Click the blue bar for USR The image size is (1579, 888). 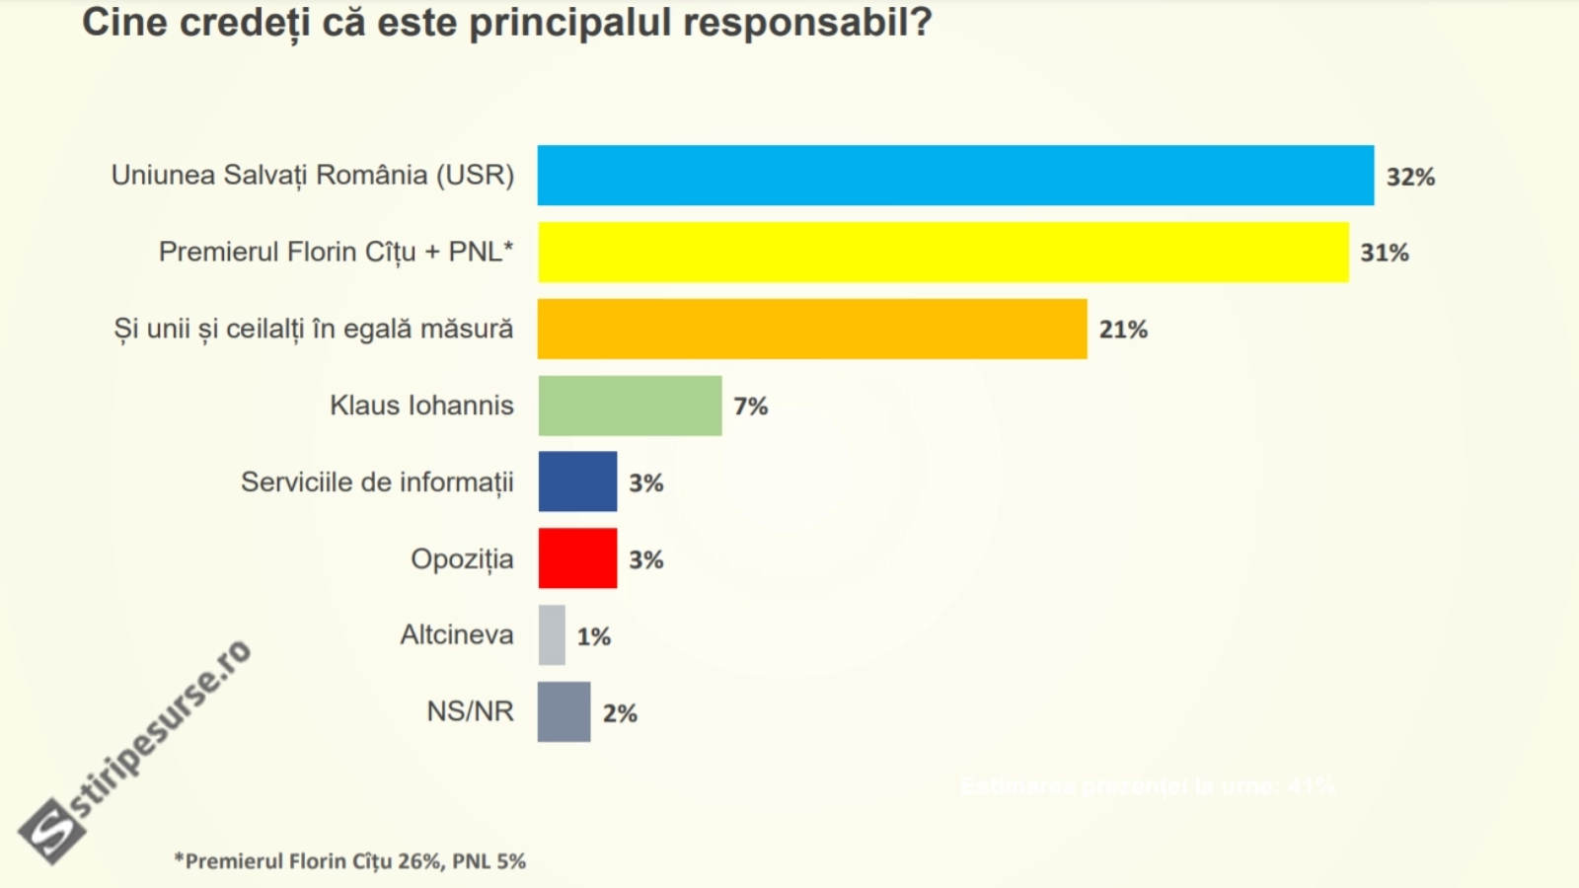click(955, 176)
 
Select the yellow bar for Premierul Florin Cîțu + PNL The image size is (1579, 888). click(942, 253)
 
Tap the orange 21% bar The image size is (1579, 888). click(812, 330)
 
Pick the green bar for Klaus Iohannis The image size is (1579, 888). click(630, 406)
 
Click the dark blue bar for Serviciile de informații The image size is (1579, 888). click(577, 481)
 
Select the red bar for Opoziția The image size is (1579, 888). click(577, 558)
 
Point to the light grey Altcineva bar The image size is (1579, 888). click(552, 635)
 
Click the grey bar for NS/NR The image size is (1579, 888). click(564, 712)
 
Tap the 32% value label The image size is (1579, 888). click(1410, 177)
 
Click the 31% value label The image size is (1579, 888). click(1385, 254)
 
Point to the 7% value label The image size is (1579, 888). click(750, 407)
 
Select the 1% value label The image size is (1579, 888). click(594, 636)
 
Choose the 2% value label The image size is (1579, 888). click(620, 713)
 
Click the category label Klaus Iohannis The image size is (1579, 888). click(421, 406)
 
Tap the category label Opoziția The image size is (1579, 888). click(462, 559)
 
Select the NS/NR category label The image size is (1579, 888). click(470, 711)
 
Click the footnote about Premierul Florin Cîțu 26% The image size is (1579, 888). click(350, 861)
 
